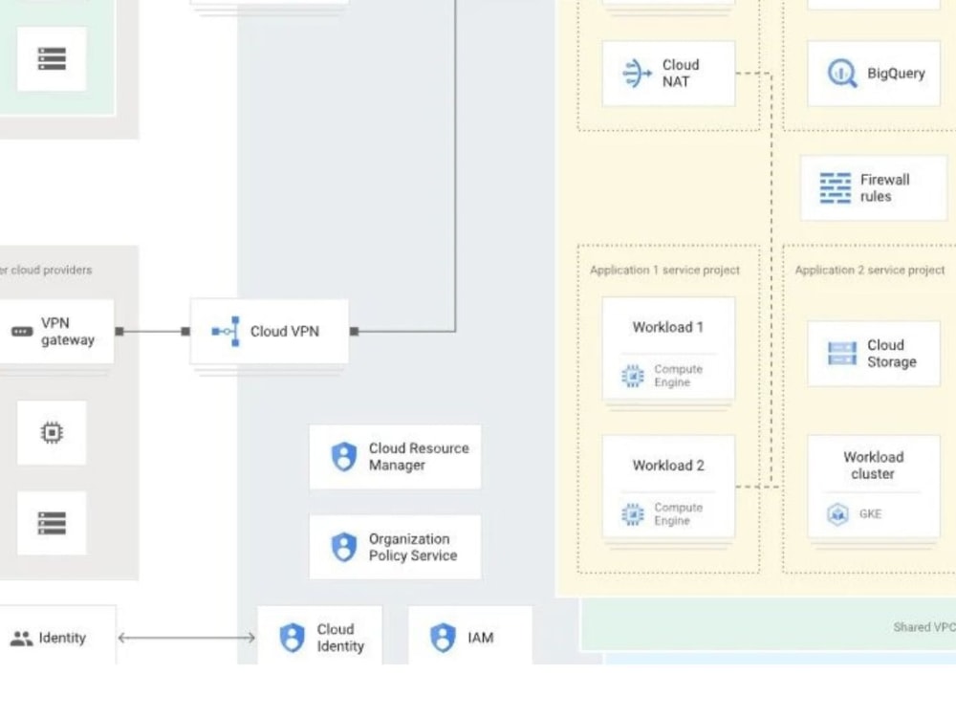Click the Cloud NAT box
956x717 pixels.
point(668,74)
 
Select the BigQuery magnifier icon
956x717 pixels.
point(841,74)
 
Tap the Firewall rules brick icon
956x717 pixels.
point(836,187)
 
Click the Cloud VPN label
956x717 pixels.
point(284,332)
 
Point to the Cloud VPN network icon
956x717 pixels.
point(227,331)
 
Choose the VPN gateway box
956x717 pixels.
point(56,332)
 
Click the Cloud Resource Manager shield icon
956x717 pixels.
point(344,457)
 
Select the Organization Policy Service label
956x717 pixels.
point(413,548)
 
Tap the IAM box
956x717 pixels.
point(470,635)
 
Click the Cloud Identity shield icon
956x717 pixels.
point(292,638)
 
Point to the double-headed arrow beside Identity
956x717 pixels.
point(186,638)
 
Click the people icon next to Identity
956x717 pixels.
point(21,639)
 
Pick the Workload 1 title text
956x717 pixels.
point(667,327)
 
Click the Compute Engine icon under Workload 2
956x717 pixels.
point(633,514)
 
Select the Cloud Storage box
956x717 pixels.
point(874,354)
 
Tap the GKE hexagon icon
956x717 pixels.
point(837,514)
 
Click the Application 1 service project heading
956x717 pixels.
point(664,271)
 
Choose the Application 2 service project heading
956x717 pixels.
point(870,271)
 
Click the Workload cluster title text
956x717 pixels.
point(873,466)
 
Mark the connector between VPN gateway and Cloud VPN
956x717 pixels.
point(152,331)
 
